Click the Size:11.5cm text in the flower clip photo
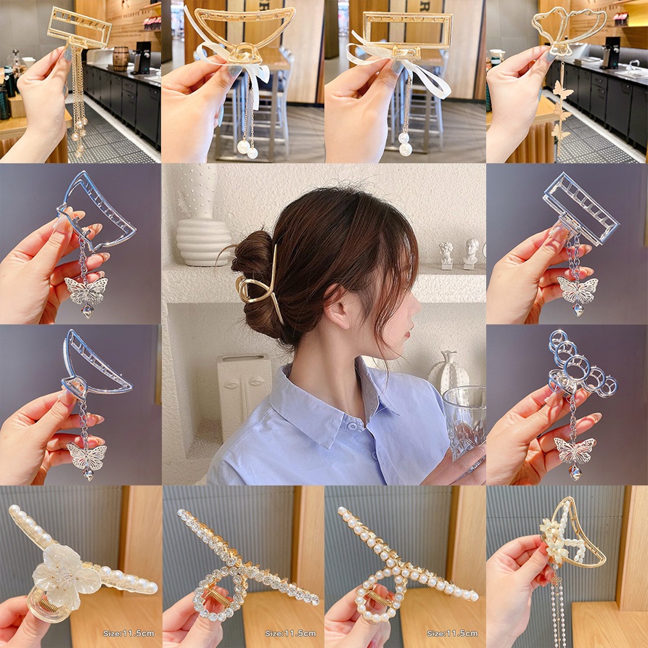pyautogui.click(x=128, y=633)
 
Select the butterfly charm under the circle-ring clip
pyautogui.click(x=574, y=451)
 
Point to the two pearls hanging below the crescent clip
pyautogui.click(x=247, y=149)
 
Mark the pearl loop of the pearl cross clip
pyautogui.click(x=377, y=595)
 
